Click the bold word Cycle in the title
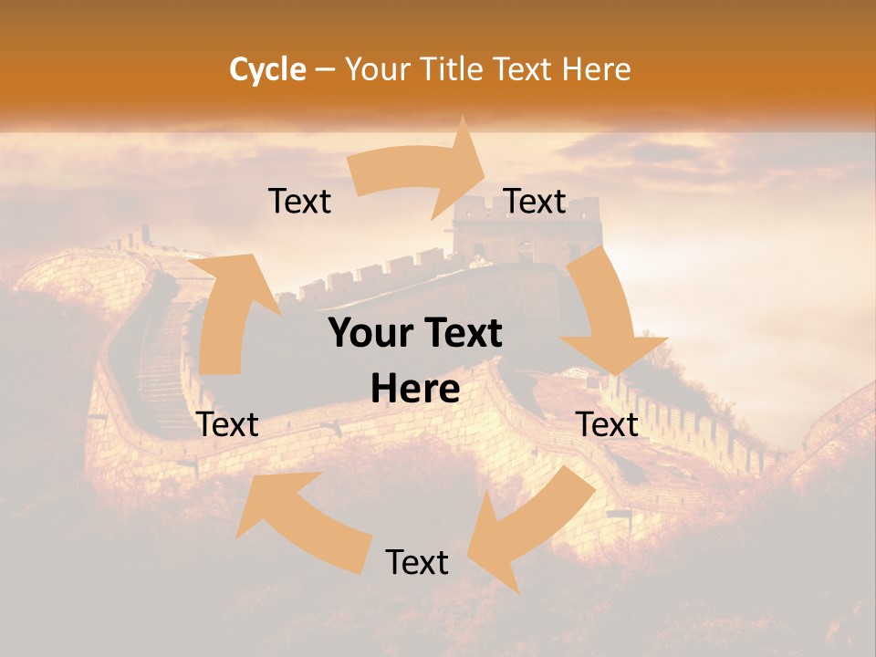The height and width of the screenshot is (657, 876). click(267, 69)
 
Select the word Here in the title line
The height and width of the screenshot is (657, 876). click(596, 69)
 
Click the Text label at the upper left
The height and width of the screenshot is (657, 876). click(299, 202)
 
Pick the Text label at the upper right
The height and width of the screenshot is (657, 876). click(534, 202)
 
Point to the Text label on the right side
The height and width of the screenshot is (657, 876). click(607, 424)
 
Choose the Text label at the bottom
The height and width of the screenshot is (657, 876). click(417, 562)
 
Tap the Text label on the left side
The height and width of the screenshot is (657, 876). click(227, 424)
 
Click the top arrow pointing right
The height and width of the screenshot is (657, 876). click(420, 169)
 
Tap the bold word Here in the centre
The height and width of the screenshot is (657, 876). click(415, 390)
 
